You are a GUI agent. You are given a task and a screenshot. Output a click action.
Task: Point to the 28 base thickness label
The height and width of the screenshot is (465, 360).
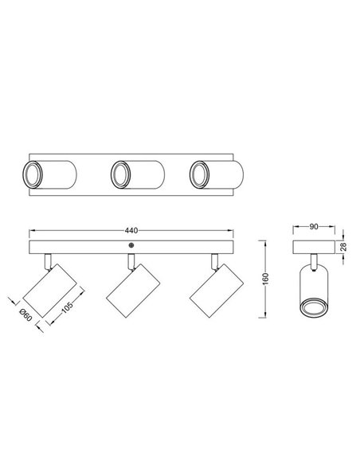343,241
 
